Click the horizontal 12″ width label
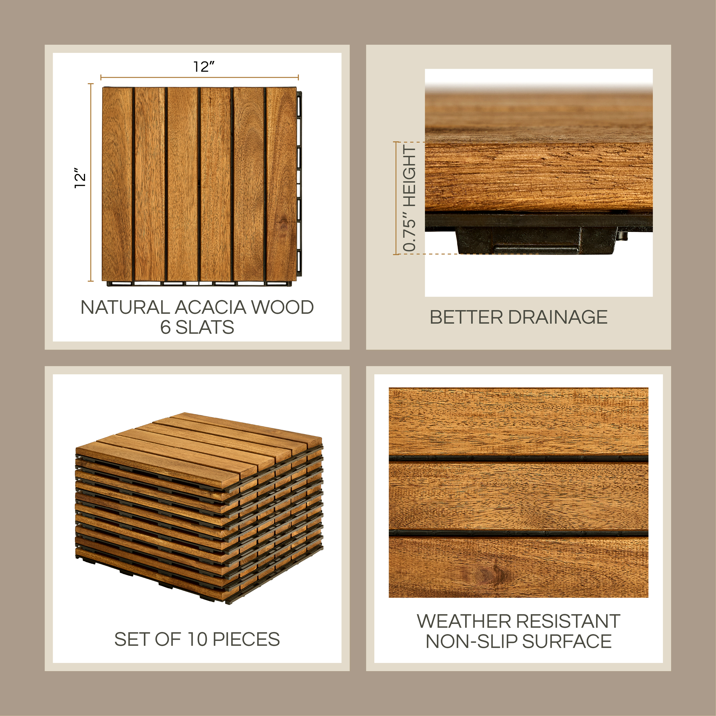(204, 67)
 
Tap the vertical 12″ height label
(80, 178)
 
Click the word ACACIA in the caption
(211, 307)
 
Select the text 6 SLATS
(197, 327)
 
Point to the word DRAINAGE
(557, 317)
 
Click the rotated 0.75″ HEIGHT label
(410, 198)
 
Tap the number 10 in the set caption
(198, 639)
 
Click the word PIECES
(247, 639)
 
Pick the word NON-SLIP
(472, 642)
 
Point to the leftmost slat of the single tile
(117, 184)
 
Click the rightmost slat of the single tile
(281, 184)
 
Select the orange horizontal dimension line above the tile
(199, 77)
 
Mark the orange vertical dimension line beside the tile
(91, 182)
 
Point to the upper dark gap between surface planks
(518, 459)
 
